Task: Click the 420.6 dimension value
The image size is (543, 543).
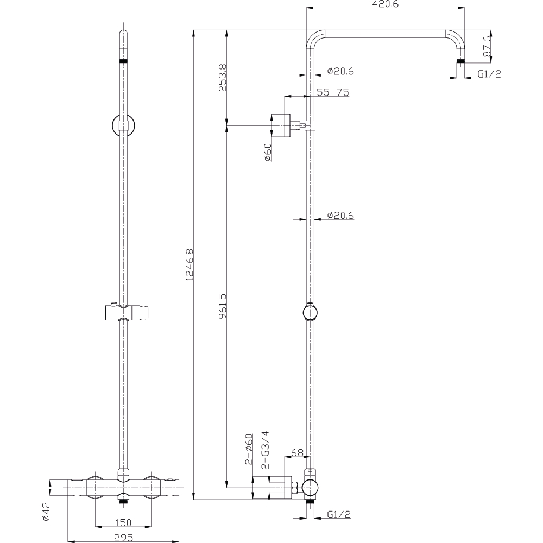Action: (x=385, y=4)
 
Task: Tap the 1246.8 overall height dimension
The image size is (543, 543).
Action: (x=190, y=264)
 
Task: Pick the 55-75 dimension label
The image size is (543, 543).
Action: (x=333, y=92)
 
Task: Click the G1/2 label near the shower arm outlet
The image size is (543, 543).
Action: (x=489, y=74)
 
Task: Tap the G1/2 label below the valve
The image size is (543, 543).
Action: (x=339, y=514)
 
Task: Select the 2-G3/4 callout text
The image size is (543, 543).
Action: (x=266, y=450)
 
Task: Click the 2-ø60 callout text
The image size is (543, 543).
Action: (x=249, y=449)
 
